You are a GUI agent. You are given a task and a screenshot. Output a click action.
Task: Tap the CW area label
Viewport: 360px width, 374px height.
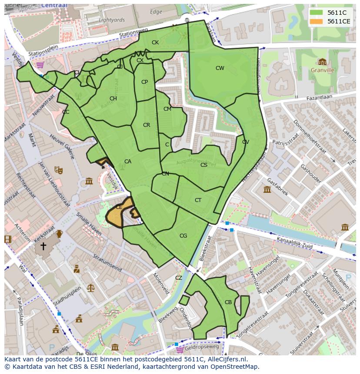tap(220, 68)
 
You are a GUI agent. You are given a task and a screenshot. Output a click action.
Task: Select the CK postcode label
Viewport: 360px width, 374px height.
tap(155, 43)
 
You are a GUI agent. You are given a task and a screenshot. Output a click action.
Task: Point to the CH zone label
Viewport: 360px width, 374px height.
tap(113, 99)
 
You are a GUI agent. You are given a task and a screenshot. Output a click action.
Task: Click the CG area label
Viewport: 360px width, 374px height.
tap(183, 236)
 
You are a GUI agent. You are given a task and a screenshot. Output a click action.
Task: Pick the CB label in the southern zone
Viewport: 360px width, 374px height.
tap(228, 302)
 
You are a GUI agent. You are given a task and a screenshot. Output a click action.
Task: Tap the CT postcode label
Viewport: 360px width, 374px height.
tap(198, 200)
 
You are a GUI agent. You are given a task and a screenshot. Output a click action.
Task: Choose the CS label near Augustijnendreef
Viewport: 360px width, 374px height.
tap(203, 165)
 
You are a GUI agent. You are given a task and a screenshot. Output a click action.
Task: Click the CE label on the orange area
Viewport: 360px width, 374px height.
tap(119, 207)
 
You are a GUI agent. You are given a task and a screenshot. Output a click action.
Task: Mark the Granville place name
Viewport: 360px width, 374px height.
tap(322, 70)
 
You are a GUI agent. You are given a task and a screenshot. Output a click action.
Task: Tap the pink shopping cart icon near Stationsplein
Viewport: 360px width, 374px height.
tap(40, 65)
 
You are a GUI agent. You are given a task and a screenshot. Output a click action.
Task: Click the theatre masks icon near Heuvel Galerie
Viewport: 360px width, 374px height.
tap(59, 170)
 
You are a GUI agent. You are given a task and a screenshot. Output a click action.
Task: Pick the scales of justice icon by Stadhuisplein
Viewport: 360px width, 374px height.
tap(90, 288)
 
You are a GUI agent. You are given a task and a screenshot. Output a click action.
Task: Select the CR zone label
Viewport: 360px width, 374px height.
tap(147, 125)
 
